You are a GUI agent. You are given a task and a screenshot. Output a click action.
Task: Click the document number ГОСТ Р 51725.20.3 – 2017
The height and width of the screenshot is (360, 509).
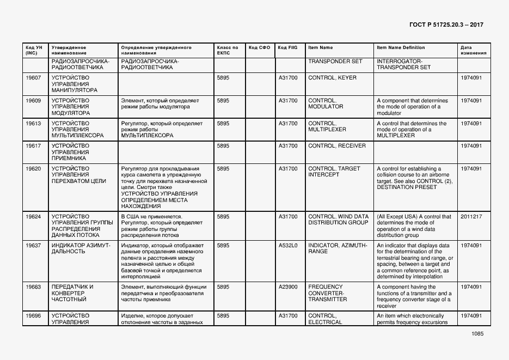point(445,25)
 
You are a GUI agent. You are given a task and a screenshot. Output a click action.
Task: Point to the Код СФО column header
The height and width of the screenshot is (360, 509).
point(259,47)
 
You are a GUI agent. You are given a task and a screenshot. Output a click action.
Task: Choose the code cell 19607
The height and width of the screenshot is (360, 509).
point(34,78)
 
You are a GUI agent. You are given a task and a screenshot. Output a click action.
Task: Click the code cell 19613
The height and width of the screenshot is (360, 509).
point(34,124)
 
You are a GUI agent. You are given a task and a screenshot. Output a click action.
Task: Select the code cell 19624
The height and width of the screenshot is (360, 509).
point(34,217)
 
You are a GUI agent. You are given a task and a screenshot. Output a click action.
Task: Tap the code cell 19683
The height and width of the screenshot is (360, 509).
point(34,286)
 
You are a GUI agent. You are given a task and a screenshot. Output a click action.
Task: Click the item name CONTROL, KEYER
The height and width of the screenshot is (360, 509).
point(332,78)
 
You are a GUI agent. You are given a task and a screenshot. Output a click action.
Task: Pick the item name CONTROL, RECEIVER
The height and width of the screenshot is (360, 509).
point(337,146)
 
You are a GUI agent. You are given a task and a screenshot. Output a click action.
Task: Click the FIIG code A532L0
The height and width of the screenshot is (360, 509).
point(288,246)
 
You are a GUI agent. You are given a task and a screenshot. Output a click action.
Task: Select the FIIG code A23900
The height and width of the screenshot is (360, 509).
point(288,286)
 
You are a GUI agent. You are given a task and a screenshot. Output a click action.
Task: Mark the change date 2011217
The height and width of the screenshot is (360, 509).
point(471,217)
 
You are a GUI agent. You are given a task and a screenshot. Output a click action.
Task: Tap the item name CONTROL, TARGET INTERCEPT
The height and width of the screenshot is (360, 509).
point(334,172)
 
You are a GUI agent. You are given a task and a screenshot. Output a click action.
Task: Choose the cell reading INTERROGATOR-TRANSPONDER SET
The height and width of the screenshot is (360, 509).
point(403,64)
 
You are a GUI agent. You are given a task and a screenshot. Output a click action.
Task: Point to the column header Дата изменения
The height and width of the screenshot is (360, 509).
point(473,50)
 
